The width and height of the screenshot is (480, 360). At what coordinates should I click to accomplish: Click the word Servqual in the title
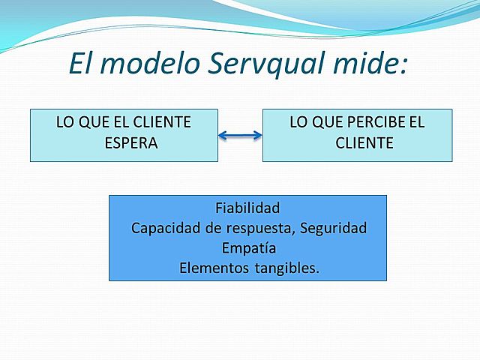click(x=262, y=64)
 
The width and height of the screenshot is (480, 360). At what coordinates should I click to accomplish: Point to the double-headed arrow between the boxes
click(x=240, y=136)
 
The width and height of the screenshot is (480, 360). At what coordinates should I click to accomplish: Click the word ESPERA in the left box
click(x=130, y=143)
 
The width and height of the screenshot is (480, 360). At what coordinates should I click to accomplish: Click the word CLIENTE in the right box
click(x=364, y=143)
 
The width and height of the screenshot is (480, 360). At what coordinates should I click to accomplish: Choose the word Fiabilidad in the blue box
click(x=247, y=208)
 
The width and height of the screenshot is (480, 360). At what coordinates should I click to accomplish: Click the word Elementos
click(x=211, y=268)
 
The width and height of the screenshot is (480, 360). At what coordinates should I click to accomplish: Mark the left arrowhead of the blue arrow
click(x=221, y=136)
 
